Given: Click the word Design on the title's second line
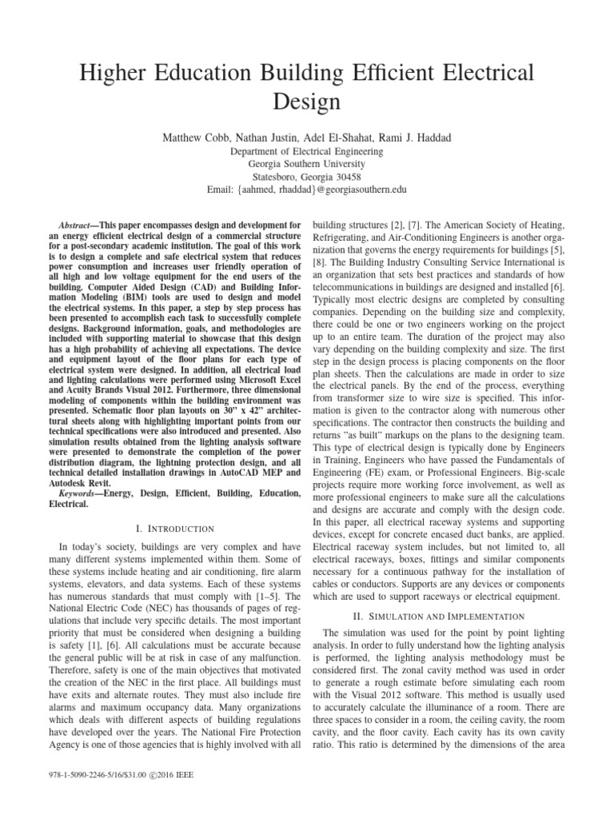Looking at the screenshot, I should (x=307, y=102).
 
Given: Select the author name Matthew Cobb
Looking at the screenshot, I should (x=194, y=138).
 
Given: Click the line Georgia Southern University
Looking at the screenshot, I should (x=307, y=164).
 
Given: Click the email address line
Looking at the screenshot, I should (x=307, y=190).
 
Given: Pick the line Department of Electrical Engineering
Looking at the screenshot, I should (x=307, y=151).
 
